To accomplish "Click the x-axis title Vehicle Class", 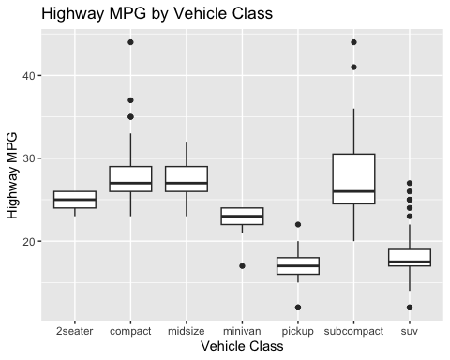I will click(243, 346).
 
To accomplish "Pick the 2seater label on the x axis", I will click(74, 330).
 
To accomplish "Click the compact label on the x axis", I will click(130, 330).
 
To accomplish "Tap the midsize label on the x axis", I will click(187, 330).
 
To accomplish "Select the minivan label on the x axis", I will click(243, 330).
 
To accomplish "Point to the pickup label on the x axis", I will click(299, 330).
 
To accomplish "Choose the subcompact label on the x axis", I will click(354, 330).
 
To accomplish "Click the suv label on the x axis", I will click(411, 330).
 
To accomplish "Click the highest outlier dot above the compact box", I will click(130, 42).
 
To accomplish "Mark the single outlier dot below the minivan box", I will click(243, 266).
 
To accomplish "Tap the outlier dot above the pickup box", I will click(299, 225).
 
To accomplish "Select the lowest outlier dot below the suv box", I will click(411, 307).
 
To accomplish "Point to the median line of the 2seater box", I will click(74, 200).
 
